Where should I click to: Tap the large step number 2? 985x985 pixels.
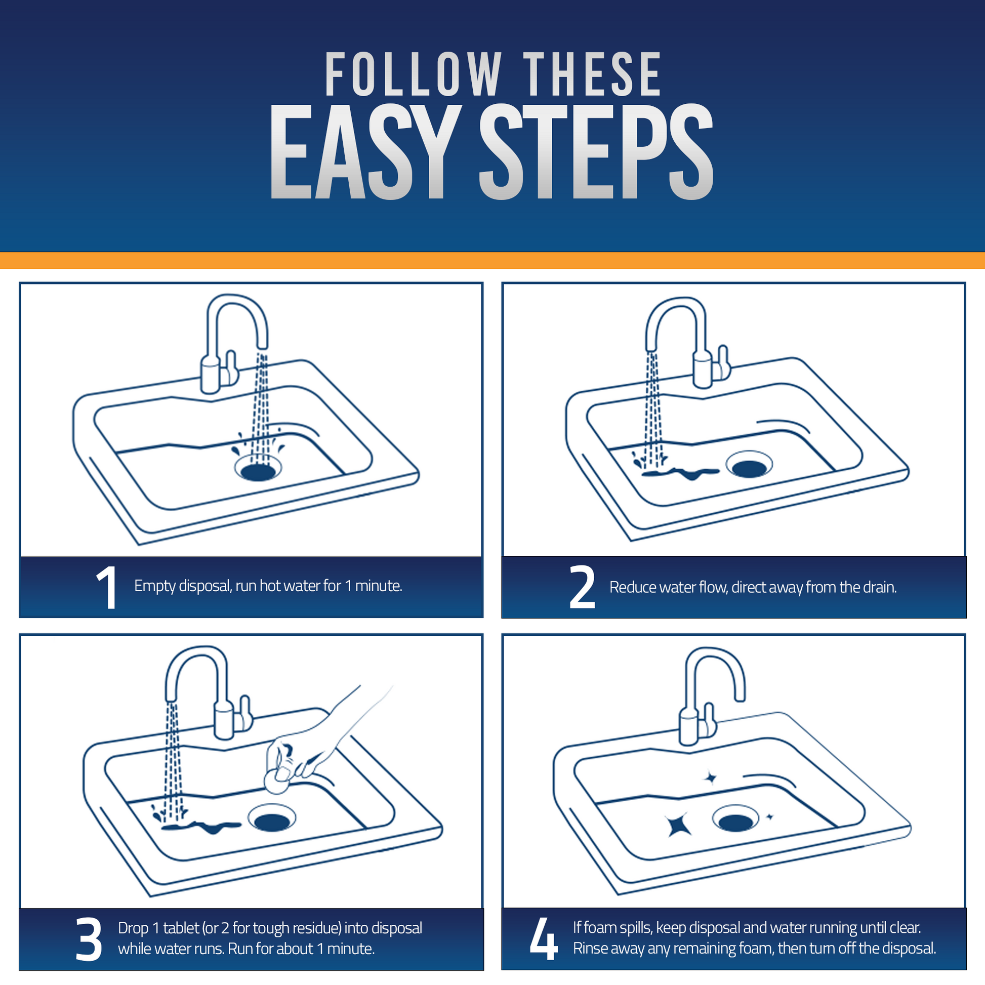pyautogui.click(x=582, y=587)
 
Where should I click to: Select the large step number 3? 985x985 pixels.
pyautogui.click(x=89, y=939)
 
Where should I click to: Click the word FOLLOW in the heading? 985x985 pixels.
pyautogui.click(x=414, y=74)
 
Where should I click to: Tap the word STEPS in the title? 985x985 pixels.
pyautogui.click(x=596, y=151)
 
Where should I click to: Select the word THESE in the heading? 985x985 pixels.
pyautogui.click(x=592, y=74)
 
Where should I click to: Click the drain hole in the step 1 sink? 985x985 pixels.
pyautogui.click(x=258, y=471)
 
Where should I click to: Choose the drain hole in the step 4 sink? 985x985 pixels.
pyautogui.click(x=735, y=822)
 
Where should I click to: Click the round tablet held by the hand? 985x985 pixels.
pyautogui.click(x=276, y=782)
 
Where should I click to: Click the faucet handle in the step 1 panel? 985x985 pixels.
pyautogui.click(x=232, y=367)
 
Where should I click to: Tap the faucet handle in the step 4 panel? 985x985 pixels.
pyautogui.click(x=709, y=719)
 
